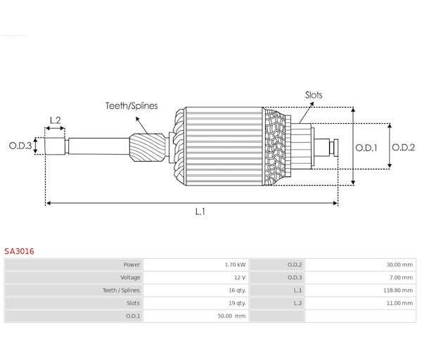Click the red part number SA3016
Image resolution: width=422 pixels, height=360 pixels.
(x=19, y=251)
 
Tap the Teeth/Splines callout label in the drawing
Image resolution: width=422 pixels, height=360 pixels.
(x=132, y=105)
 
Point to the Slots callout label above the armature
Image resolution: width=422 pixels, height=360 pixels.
(x=314, y=95)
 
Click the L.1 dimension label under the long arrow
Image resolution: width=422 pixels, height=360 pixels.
(x=200, y=212)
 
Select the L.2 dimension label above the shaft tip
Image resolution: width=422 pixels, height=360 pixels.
(x=55, y=120)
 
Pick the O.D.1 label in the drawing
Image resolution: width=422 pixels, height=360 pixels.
(x=366, y=148)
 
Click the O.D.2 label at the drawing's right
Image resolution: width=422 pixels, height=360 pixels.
(x=403, y=148)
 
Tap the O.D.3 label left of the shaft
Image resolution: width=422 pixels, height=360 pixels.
(x=20, y=146)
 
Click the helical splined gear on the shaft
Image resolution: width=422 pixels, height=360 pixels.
(x=148, y=148)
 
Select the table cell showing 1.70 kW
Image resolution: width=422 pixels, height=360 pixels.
(x=235, y=265)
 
